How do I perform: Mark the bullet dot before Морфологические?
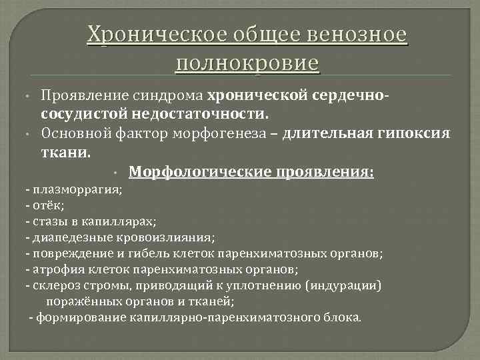click(116, 173)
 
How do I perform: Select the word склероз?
click(53, 285)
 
